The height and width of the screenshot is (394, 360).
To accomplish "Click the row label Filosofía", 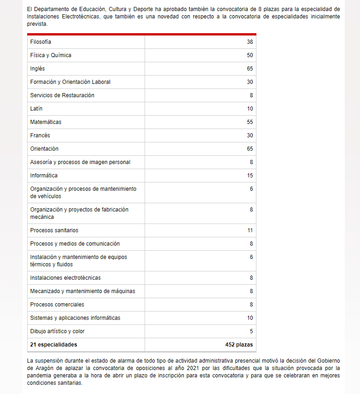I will (x=41, y=42).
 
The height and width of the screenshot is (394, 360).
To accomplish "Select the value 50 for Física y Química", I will (x=250, y=55).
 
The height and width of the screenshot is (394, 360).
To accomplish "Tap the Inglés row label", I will (x=37, y=69).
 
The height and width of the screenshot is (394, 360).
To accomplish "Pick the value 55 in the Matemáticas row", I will (x=250, y=122).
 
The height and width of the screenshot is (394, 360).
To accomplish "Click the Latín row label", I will (x=36, y=109).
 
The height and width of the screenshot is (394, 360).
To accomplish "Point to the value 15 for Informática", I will (x=250, y=176).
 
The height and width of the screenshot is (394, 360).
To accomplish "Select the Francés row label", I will (x=40, y=135).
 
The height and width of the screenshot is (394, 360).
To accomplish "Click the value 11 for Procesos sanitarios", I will (x=250, y=230).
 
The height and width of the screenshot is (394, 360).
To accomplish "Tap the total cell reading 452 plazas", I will (x=239, y=345).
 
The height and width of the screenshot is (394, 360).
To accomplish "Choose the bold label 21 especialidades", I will (x=53, y=345).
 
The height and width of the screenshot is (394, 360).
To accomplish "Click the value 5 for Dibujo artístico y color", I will (x=251, y=331).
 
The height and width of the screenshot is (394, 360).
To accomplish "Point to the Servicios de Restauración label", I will (x=62, y=95).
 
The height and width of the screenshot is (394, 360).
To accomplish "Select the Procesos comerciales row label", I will (x=58, y=305).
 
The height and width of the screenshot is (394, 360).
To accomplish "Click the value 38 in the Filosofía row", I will (x=250, y=42).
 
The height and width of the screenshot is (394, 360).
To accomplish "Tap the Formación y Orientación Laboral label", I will (x=70, y=82).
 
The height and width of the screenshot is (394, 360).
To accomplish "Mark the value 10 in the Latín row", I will (x=250, y=109).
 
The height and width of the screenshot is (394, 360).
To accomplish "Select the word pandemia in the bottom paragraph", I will (x=40, y=376).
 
